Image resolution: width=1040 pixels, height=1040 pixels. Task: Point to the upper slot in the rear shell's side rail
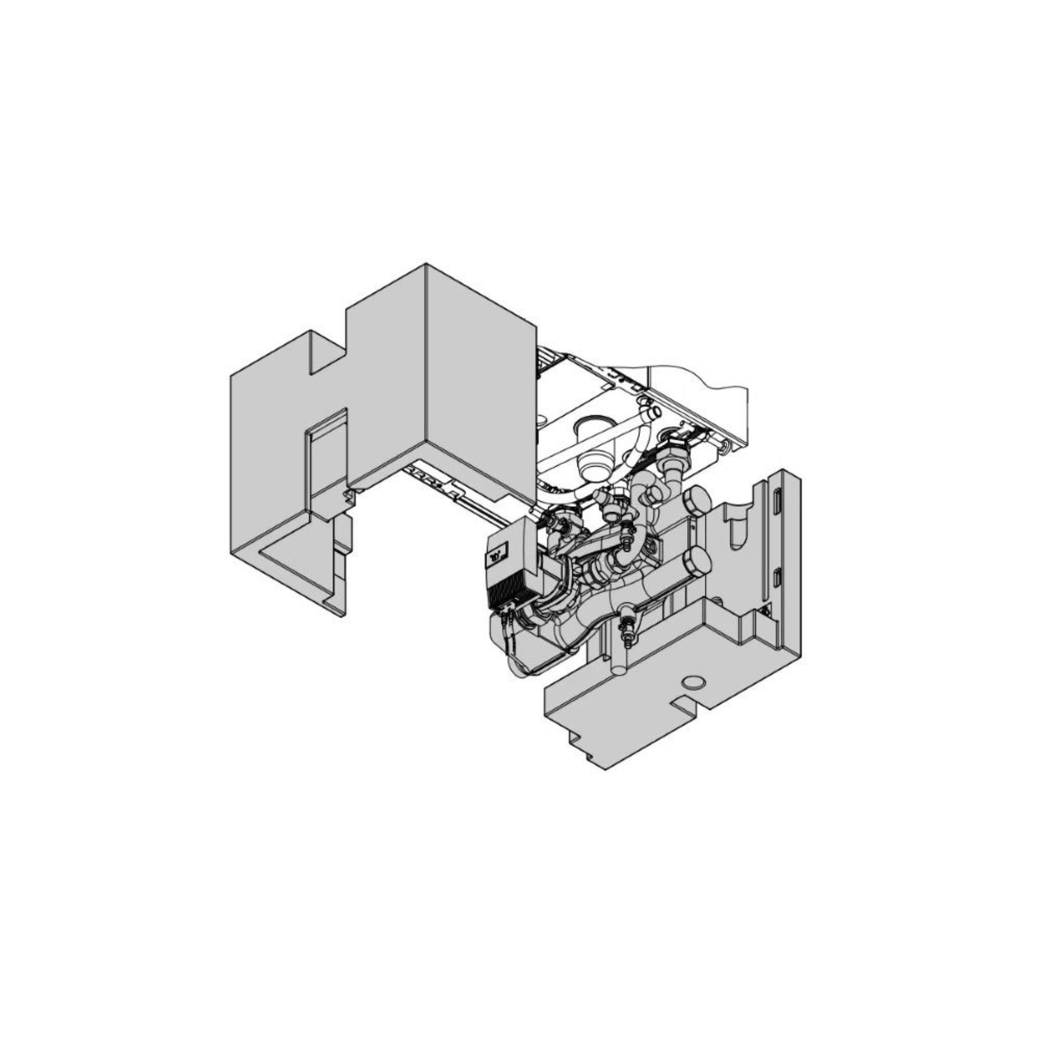pos(777,502)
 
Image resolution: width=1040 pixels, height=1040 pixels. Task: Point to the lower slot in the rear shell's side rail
pos(777,578)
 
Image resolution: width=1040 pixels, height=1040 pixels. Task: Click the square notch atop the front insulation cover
pos(327,353)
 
